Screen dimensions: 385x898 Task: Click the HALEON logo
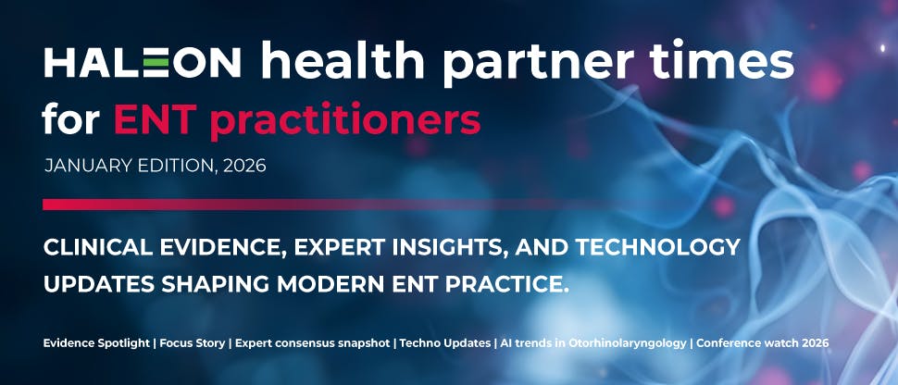coord(143,63)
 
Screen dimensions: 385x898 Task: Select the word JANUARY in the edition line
coord(87,167)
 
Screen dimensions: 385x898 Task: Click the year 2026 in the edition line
coord(243,167)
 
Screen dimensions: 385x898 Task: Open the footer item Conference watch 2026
coord(763,343)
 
